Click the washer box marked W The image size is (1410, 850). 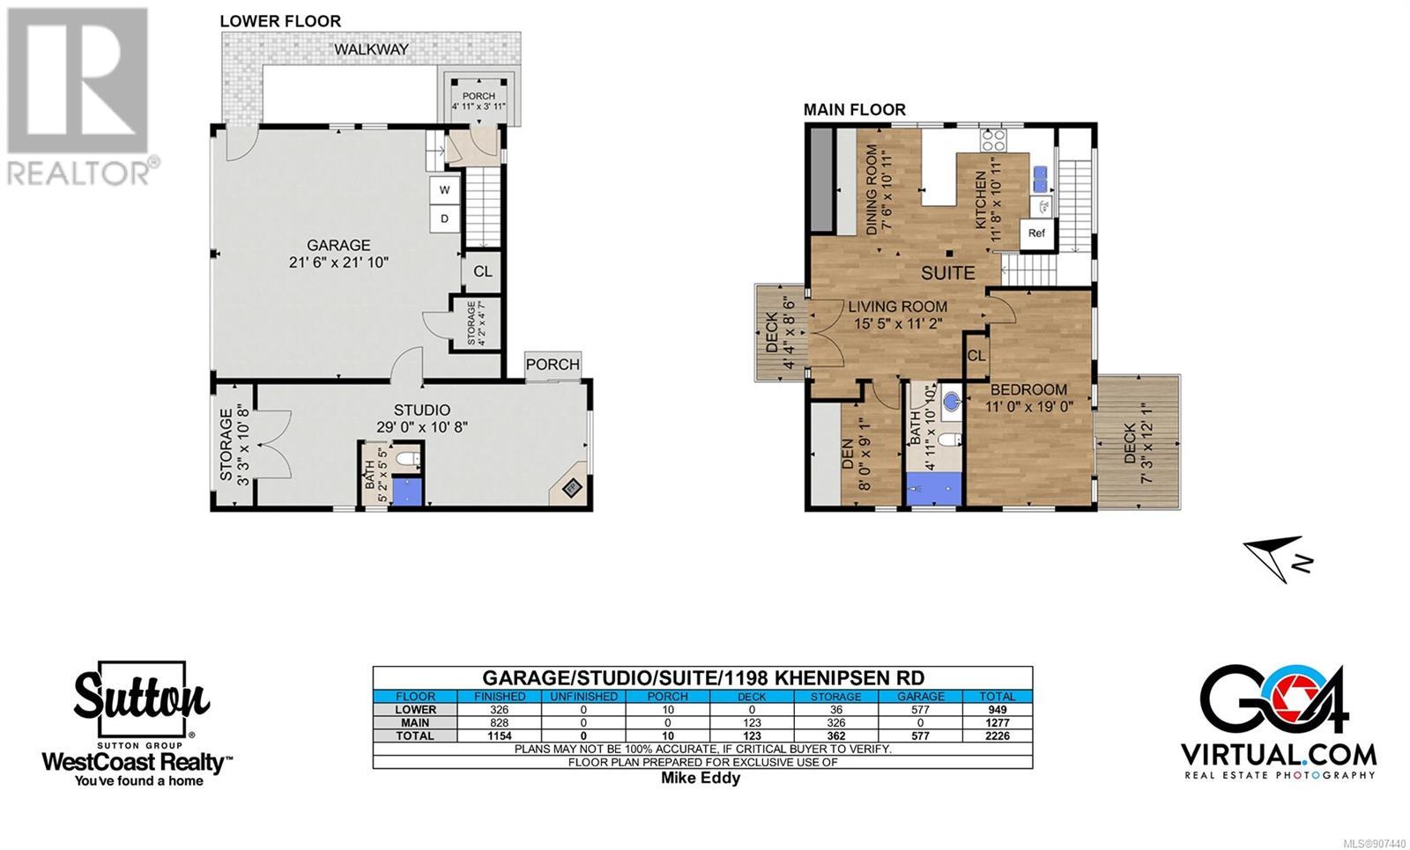445,190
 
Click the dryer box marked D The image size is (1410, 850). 445,219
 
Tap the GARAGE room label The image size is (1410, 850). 338,246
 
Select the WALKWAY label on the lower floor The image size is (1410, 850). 371,49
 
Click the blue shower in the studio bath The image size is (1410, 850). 407,492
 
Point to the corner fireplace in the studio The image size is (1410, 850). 571,486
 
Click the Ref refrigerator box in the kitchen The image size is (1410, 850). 1036,233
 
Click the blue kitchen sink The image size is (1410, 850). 1041,180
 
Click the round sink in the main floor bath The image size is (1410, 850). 952,400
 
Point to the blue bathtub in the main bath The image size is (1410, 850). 934,489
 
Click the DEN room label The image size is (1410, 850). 848,455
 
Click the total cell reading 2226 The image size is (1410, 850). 997,735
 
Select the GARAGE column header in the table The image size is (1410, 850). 920,697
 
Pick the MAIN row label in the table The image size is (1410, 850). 415,723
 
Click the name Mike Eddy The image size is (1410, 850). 701,778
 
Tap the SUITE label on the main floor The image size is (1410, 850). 948,273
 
